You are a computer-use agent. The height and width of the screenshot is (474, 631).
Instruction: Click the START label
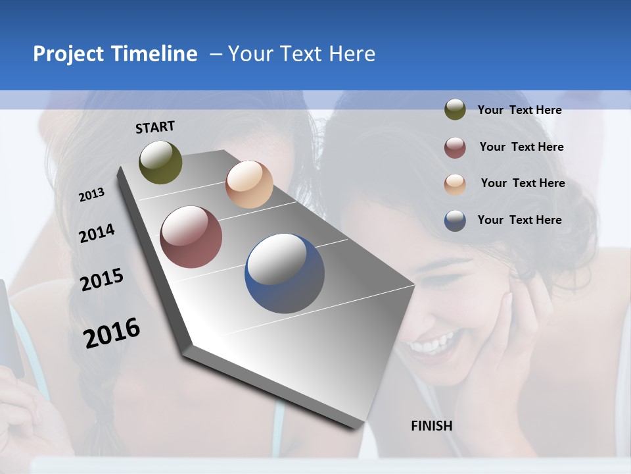click(x=155, y=127)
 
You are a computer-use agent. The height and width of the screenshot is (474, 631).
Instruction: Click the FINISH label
click(x=431, y=426)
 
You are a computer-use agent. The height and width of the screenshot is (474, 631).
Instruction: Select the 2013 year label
click(x=91, y=195)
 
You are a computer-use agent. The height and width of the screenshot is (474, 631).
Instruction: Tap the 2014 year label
click(x=97, y=234)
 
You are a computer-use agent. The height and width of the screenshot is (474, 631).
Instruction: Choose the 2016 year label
click(x=111, y=333)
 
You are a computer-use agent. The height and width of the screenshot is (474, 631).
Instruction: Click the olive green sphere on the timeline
click(x=160, y=163)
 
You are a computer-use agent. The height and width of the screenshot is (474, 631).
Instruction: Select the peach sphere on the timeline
click(x=249, y=184)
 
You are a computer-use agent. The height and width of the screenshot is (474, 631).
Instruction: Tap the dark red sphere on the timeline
click(x=191, y=237)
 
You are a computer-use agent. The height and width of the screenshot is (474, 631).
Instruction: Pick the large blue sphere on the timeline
click(x=285, y=273)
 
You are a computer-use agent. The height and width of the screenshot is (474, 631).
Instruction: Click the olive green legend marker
click(x=455, y=110)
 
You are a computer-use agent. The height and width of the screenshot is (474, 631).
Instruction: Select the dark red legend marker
click(x=455, y=147)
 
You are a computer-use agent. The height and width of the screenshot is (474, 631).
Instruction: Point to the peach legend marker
click(x=455, y=184)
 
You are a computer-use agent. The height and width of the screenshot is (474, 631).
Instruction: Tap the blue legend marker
click(x=455, y=221)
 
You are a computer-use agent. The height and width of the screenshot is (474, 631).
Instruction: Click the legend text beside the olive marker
click(x=519, y=111)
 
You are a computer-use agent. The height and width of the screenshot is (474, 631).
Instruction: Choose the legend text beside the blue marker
click(x=519, y=220)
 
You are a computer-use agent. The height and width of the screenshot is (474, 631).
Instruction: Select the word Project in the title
click(x=70, y=54)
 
